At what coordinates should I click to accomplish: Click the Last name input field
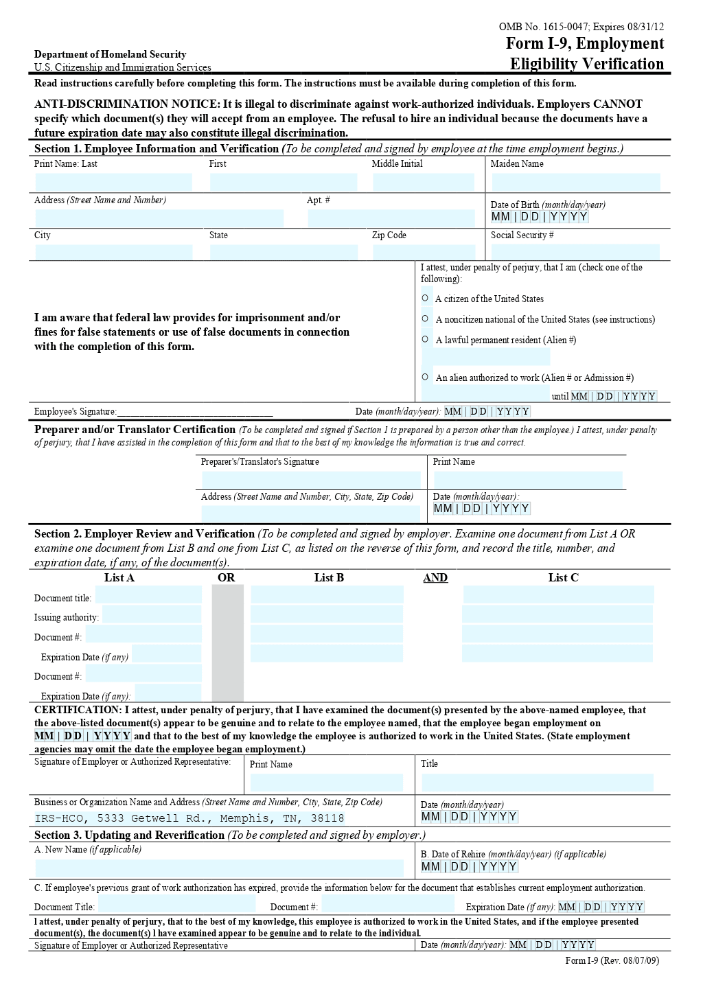114,182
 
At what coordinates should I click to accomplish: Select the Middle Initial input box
424,182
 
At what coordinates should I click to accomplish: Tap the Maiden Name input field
576,182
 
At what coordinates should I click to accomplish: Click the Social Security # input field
575,252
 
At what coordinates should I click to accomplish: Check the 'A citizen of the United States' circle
425,298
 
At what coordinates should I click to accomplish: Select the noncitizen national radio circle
425,319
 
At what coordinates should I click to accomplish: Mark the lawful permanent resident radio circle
425,339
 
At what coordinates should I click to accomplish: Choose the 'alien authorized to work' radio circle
425,377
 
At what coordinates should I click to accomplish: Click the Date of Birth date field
540,217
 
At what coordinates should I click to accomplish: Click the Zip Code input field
424,252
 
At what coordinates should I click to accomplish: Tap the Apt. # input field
391,218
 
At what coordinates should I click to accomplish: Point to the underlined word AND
435,578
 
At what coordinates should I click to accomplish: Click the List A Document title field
148,595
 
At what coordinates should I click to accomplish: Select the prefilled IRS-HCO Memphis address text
189,818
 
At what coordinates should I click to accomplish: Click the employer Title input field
538,783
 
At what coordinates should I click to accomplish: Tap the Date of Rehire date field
470,867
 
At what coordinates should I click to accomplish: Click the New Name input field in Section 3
219,868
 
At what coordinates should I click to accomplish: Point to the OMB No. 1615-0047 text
543,27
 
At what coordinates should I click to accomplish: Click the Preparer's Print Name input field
528,480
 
